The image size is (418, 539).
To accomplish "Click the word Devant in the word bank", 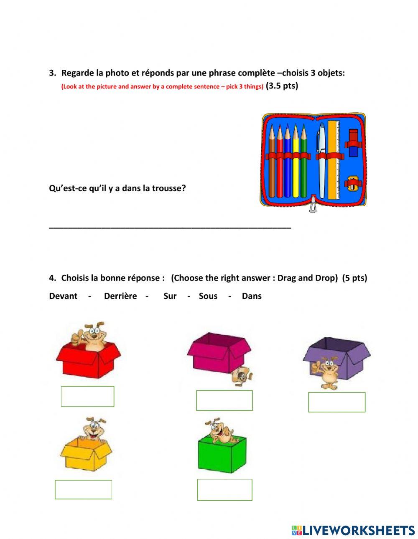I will pos(63,296).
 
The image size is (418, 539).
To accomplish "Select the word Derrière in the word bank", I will pos(120,296).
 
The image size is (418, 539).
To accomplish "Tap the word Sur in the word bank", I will pos(170,296).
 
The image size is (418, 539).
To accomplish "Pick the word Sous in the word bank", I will pos(208,296).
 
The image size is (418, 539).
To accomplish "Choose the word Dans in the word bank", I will pos(252,296).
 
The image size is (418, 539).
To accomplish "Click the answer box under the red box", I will pos(87,397).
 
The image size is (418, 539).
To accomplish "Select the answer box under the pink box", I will pos(224,400).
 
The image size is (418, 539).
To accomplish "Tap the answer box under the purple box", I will pos(336,402).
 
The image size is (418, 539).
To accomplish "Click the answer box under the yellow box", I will pos(83,489).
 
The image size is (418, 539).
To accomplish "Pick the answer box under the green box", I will pos(224,490).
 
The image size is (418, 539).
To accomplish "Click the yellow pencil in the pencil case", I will pos(296,163).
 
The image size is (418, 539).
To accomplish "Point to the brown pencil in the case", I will pos(272,163).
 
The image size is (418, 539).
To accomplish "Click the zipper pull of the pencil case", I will pos(312,207).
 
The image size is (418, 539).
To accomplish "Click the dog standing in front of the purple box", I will pos(329,373).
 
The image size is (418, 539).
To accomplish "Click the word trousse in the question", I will pos(171,188).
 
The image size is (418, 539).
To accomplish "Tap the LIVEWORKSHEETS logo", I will pos(353,530).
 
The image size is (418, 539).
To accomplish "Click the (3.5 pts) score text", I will pos(282,86).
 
